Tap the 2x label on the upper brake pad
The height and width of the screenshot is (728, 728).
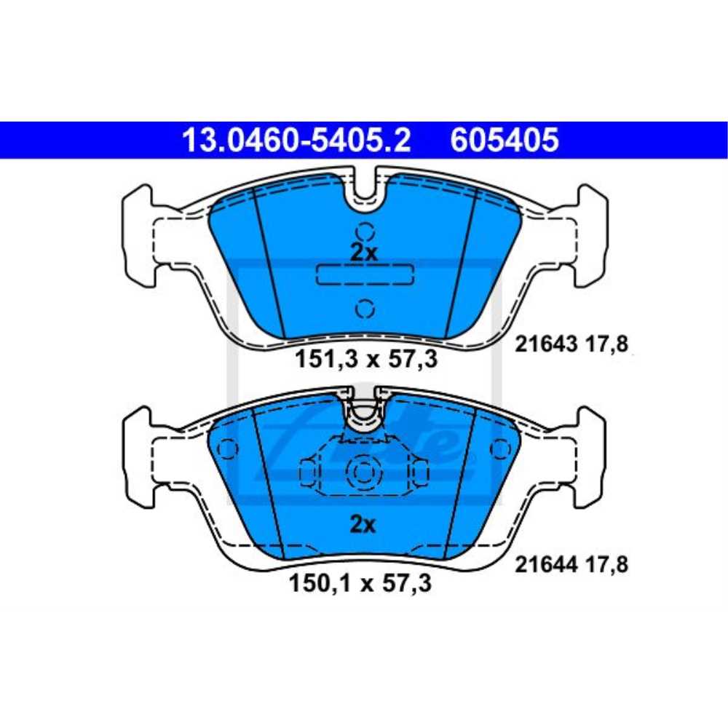[x=363, y=253]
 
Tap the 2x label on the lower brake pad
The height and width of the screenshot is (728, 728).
[x=363, y=524]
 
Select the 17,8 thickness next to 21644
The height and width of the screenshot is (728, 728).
[x=609, y=563]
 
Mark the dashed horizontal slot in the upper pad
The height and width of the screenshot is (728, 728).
[x=365, y=274]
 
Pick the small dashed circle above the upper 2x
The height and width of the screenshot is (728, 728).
[x=365, y=232]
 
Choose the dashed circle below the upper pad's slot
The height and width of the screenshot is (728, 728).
[x=365, y=309]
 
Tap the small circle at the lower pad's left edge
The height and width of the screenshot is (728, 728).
[x=227, y=449]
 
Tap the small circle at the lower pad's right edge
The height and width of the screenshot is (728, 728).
[x=499, y=449]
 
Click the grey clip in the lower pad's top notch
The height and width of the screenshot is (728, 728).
[x=362, y=416]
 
